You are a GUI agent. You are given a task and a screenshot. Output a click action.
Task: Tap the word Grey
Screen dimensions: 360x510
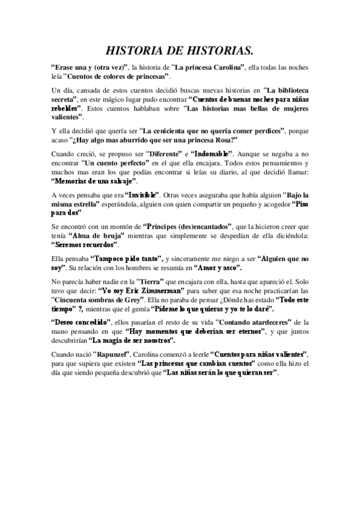click(x=132, y=298)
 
